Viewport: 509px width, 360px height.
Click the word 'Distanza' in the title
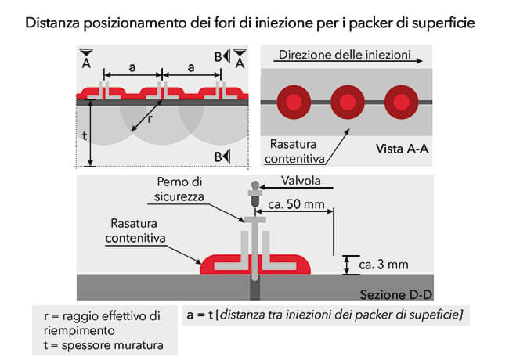[x=52, y=23]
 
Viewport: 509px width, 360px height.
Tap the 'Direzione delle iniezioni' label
[x=345, y=55]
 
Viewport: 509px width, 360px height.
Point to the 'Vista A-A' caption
[x=402, y=149]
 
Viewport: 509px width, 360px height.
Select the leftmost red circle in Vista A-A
[x=294, y=103]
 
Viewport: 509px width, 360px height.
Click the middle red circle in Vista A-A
[x=348, y=103]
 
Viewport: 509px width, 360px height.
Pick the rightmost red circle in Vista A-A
[x=401, y=103]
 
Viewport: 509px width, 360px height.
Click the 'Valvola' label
[x=301, y=181]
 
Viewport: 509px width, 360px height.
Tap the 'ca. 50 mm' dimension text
[x=296, y=204]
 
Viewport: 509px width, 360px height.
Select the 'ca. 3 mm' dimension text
[x=384, y=265]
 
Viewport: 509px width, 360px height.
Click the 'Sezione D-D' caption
[x=395, y=294]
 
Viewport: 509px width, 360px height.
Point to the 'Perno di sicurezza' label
[x=179, y=189]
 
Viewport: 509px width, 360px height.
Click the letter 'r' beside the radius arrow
[x=150, y=119]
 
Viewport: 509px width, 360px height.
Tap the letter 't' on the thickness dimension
[x=85, y=135]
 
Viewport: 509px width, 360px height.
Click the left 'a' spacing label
[x=132, y=67]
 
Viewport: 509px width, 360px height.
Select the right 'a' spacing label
[x=191, y=67]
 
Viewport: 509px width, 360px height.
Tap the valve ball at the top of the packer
[x=255, y=185]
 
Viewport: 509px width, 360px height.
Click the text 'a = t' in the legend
[x=200, y=315]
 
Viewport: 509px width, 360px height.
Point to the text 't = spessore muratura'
[x=103, y=345]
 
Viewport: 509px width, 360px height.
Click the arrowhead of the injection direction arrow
[x=420, y=60]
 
